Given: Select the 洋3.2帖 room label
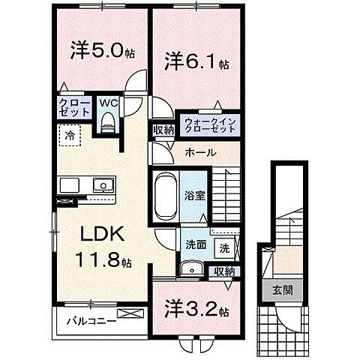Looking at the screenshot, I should (193, 309).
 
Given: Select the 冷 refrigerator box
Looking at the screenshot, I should (69, 137).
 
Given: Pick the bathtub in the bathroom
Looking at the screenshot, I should (164, 196).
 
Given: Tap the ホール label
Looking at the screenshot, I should (201, 152).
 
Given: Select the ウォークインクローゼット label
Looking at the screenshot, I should (209, 124).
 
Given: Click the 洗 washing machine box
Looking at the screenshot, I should (224, 247).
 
